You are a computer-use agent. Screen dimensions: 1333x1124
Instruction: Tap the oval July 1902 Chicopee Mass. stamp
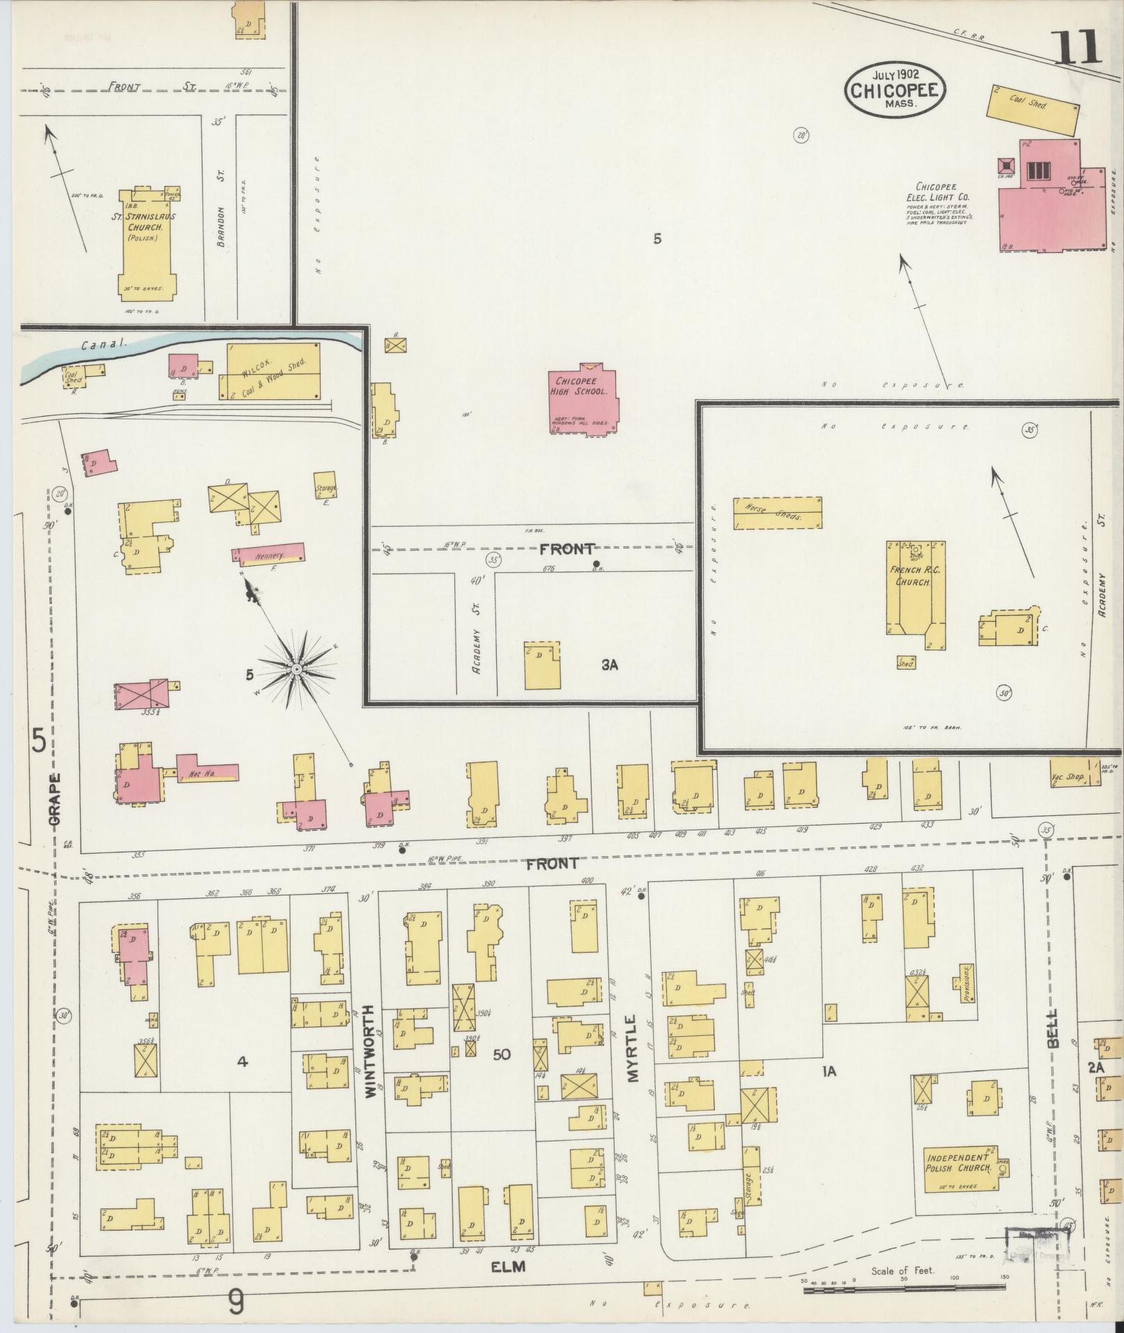point(894,88)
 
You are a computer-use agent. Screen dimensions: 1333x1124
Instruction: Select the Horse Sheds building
point(776,512)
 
